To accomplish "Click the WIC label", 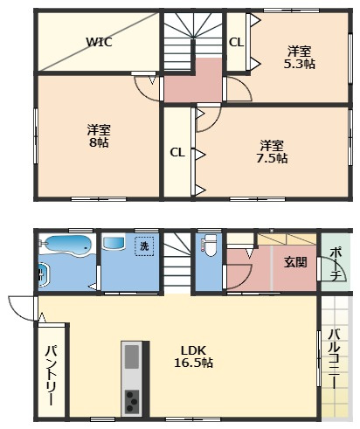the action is (99, 42).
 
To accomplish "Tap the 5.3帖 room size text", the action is (300, 64).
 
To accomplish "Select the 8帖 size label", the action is (99, 142).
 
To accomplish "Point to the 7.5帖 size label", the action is (272, 158).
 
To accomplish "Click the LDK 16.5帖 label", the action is (193, 356).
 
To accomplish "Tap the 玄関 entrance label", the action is (295, 262).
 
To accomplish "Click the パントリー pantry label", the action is (51, 375).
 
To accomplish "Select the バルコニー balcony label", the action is (334, 358).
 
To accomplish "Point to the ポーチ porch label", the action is (336, 264).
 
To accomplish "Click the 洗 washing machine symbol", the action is (144, 246).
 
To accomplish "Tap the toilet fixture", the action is (209, 245).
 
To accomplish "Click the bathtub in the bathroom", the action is (68, 246).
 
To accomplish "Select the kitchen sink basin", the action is (132, 356).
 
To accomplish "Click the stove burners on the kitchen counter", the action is (132, 401).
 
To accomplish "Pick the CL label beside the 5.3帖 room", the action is (236, 43).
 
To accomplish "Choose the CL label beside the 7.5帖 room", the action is (177, 152).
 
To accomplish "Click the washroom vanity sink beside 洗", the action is (114, 243).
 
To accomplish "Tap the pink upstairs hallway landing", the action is (193, 80).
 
